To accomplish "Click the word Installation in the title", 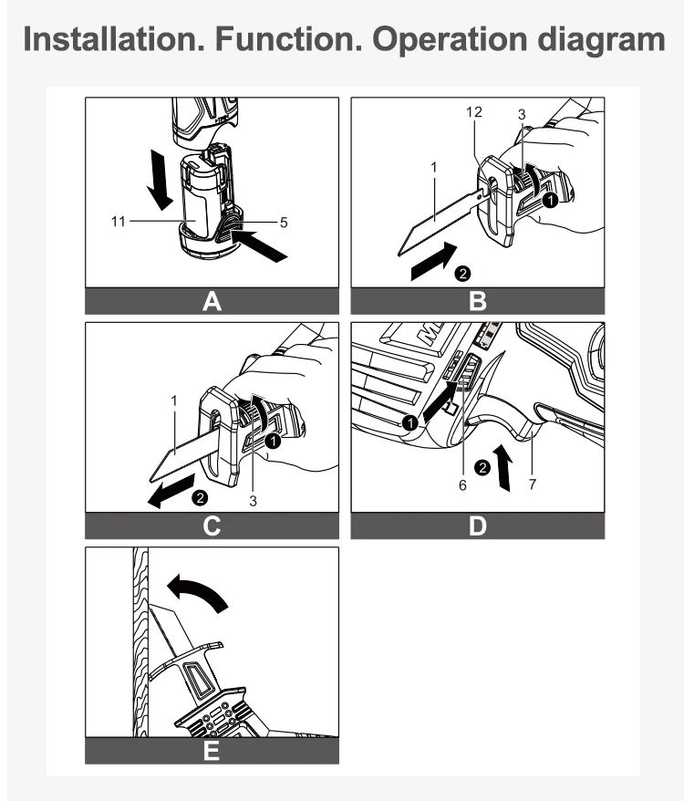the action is point(114,39).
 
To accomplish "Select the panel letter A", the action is point(212,301).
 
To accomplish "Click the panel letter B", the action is point(478,301).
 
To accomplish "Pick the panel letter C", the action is point(212,526).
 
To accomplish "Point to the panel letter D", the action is point(478,526).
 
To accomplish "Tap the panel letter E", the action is point(212,751).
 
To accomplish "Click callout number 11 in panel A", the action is point(118,222).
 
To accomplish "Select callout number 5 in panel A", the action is point(284,223).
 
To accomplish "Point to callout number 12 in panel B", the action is point(474,112).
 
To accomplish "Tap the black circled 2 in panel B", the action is point(462,274).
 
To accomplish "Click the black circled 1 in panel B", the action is point(550,201).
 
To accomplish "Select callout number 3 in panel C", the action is point(253,502).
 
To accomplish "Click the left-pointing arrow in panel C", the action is point(171,491).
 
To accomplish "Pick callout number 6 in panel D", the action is point(462,485).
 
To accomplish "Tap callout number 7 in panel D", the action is point(533,484).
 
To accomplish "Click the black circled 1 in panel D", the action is point(409,423).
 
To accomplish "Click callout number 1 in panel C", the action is point(174,401).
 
